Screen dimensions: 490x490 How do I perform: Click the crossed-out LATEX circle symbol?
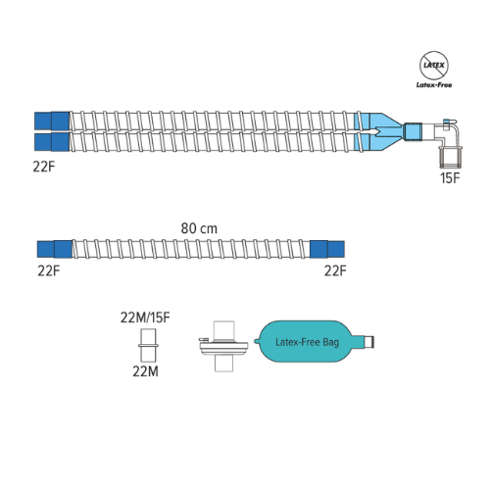[434, 66]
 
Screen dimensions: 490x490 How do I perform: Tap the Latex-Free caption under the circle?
[434, 85]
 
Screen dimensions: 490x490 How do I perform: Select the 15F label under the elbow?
[450, 178]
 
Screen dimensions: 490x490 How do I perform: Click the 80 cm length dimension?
[199, 228]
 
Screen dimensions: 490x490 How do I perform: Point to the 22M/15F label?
[145, 318]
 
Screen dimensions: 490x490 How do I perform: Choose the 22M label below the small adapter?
[145, 371]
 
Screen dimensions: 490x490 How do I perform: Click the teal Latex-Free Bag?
[307, 342]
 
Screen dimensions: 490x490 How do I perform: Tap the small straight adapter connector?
[148, 345]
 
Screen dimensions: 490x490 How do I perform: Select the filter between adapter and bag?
[223, 346]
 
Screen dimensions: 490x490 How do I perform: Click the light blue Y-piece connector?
[380, 132]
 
